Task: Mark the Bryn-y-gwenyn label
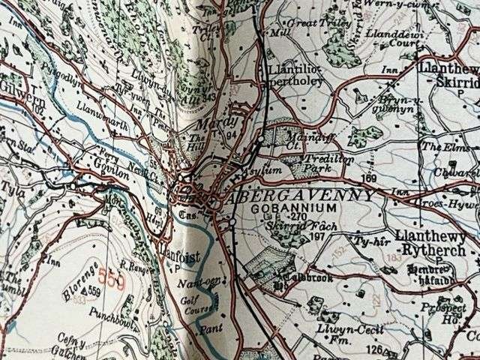[391, 104]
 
